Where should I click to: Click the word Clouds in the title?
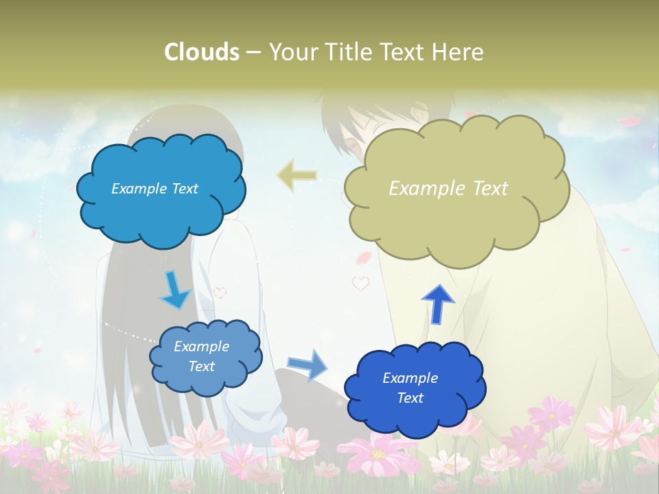201,52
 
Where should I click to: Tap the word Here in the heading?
459,52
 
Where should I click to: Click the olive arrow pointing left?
297,176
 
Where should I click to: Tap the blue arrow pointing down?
175,290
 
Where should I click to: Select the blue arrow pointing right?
307,364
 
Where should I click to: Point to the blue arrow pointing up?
438,304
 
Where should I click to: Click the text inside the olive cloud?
448,189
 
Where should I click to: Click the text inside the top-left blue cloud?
154,189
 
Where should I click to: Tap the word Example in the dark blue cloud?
410,378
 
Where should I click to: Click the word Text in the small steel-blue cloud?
201,366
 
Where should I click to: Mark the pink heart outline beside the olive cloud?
360,282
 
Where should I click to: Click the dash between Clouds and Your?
253,52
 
